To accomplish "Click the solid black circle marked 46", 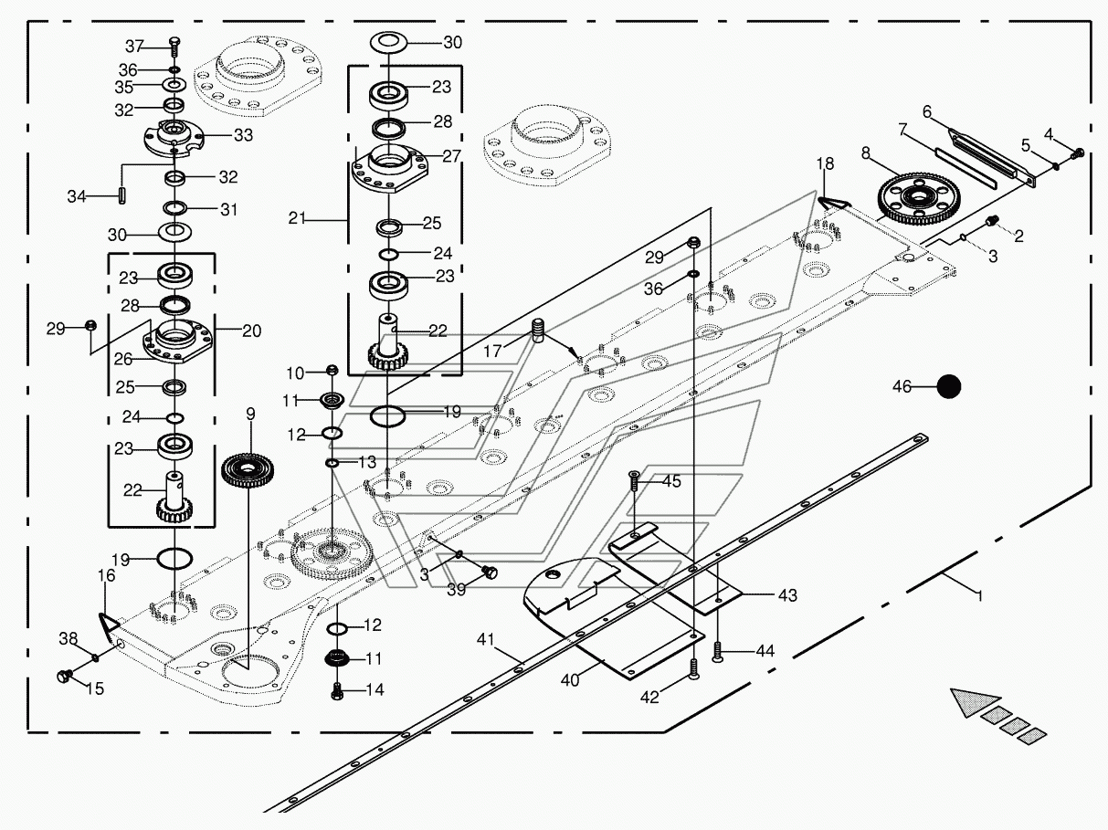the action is [x=948, y=387].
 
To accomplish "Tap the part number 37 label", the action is [x=135, y=47].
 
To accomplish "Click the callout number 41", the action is [x=486, y=640].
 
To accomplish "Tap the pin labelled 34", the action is [x=121, y=195].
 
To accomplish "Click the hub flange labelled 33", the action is [x=173, y=137].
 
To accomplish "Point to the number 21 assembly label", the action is [x=297, y=218].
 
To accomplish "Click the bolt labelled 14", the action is [x=337, y=691].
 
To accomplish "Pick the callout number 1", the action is [x=980, y=596].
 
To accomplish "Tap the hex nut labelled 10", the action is [x=332, y=370].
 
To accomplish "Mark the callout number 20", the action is [x=252, y=331].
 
